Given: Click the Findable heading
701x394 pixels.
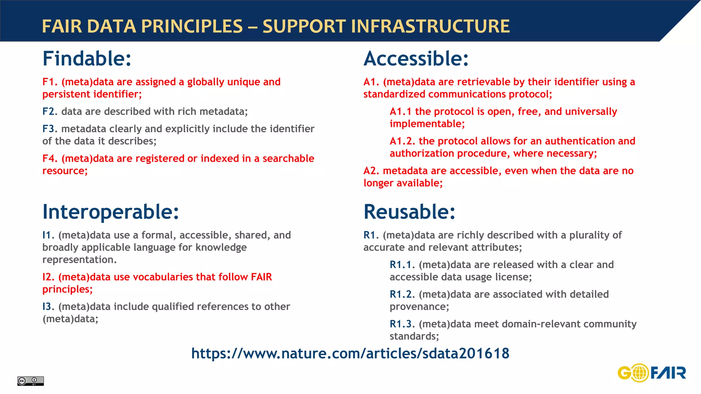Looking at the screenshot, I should (x=87, y=58).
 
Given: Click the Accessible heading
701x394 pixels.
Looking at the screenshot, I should (x=416, y=58).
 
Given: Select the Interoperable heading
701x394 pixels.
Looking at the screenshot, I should (x=110, y=212).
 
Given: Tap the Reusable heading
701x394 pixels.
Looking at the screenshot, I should (x=409, y=212).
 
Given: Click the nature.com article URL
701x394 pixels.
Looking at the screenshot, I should (x=350, y=353).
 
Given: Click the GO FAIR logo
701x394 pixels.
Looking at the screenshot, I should (x=652, y=373).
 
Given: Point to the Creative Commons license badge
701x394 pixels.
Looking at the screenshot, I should (x=30, y=381).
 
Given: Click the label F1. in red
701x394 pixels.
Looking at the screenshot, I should (x=50, y=82).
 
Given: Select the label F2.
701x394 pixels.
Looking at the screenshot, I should (x=50, y=111).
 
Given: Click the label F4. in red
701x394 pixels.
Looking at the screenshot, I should (x=50, y=159).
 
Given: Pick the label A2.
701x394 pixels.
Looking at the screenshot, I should (x=371, y=171).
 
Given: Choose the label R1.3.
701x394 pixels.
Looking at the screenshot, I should (x=402, y=324).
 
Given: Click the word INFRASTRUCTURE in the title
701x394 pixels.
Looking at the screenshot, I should (x=430, y=26).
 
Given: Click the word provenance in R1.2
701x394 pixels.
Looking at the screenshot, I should (x=418, y=307).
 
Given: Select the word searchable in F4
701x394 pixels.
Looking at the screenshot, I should (x=288, y=159).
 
